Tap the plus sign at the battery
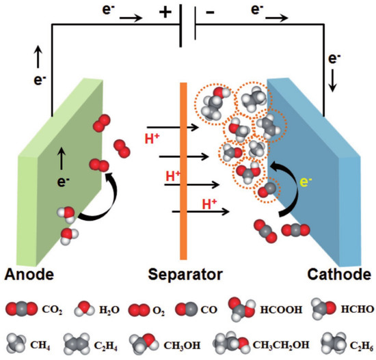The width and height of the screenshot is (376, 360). click(x=165, y=13)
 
